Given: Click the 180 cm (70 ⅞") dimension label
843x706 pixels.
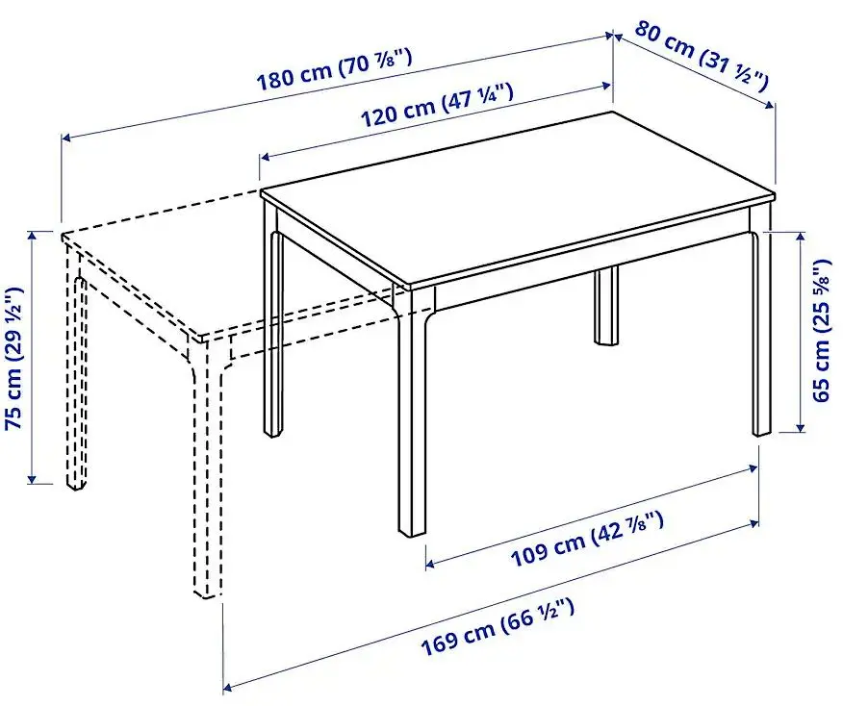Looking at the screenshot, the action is pyautogui.click(x=334, y=69).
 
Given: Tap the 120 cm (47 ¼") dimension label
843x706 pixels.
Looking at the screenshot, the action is pyautogui.click(x=436, y=105).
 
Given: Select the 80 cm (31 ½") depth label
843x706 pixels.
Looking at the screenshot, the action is pyautogui.click(x=702, y=57).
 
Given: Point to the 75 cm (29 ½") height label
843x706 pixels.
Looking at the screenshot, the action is pyautogui.click(x=14, y=358).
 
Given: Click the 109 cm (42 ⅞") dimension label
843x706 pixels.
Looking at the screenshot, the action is pyautogui.click(x=587, y=539).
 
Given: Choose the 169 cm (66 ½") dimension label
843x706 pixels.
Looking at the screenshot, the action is pyautogui.click(x=498, y=627).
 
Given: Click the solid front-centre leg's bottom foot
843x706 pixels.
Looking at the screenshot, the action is pyautogui.click(x=412, y=531).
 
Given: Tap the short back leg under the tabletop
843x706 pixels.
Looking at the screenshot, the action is pyautogui.click(x=606, y=306).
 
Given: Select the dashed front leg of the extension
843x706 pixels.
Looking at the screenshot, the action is pyautogui.click(x=208, y=467).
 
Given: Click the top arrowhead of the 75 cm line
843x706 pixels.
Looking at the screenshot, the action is pyautogui.click(x=33, y=236).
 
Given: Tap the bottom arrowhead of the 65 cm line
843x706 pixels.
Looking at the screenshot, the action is pyautogui.click(x=801, y=427).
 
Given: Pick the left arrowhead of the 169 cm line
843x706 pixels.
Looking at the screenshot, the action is pyautogui.click(x=228, y=687).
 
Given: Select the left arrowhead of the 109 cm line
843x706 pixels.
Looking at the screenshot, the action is pyautogui.click(x=430, y=564).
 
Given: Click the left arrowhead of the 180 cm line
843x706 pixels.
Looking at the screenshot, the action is pyautogui.click(x=66, y=139).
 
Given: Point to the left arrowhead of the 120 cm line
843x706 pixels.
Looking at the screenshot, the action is pyautogui.click(x=265, y=157).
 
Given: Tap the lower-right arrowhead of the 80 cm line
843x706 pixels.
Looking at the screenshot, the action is pyautogui.click(x=771, y=104).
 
